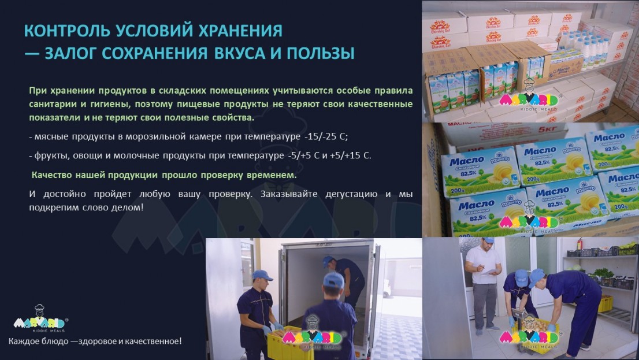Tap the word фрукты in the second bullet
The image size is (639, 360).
49,156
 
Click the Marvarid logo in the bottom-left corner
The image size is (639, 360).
40,318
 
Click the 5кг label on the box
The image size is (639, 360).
547,130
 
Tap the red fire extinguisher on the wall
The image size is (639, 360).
579,244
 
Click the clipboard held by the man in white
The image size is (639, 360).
489,272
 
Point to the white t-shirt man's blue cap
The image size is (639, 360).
487,240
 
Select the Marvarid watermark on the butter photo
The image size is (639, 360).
529,217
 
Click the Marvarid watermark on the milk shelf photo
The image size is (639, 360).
529,96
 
